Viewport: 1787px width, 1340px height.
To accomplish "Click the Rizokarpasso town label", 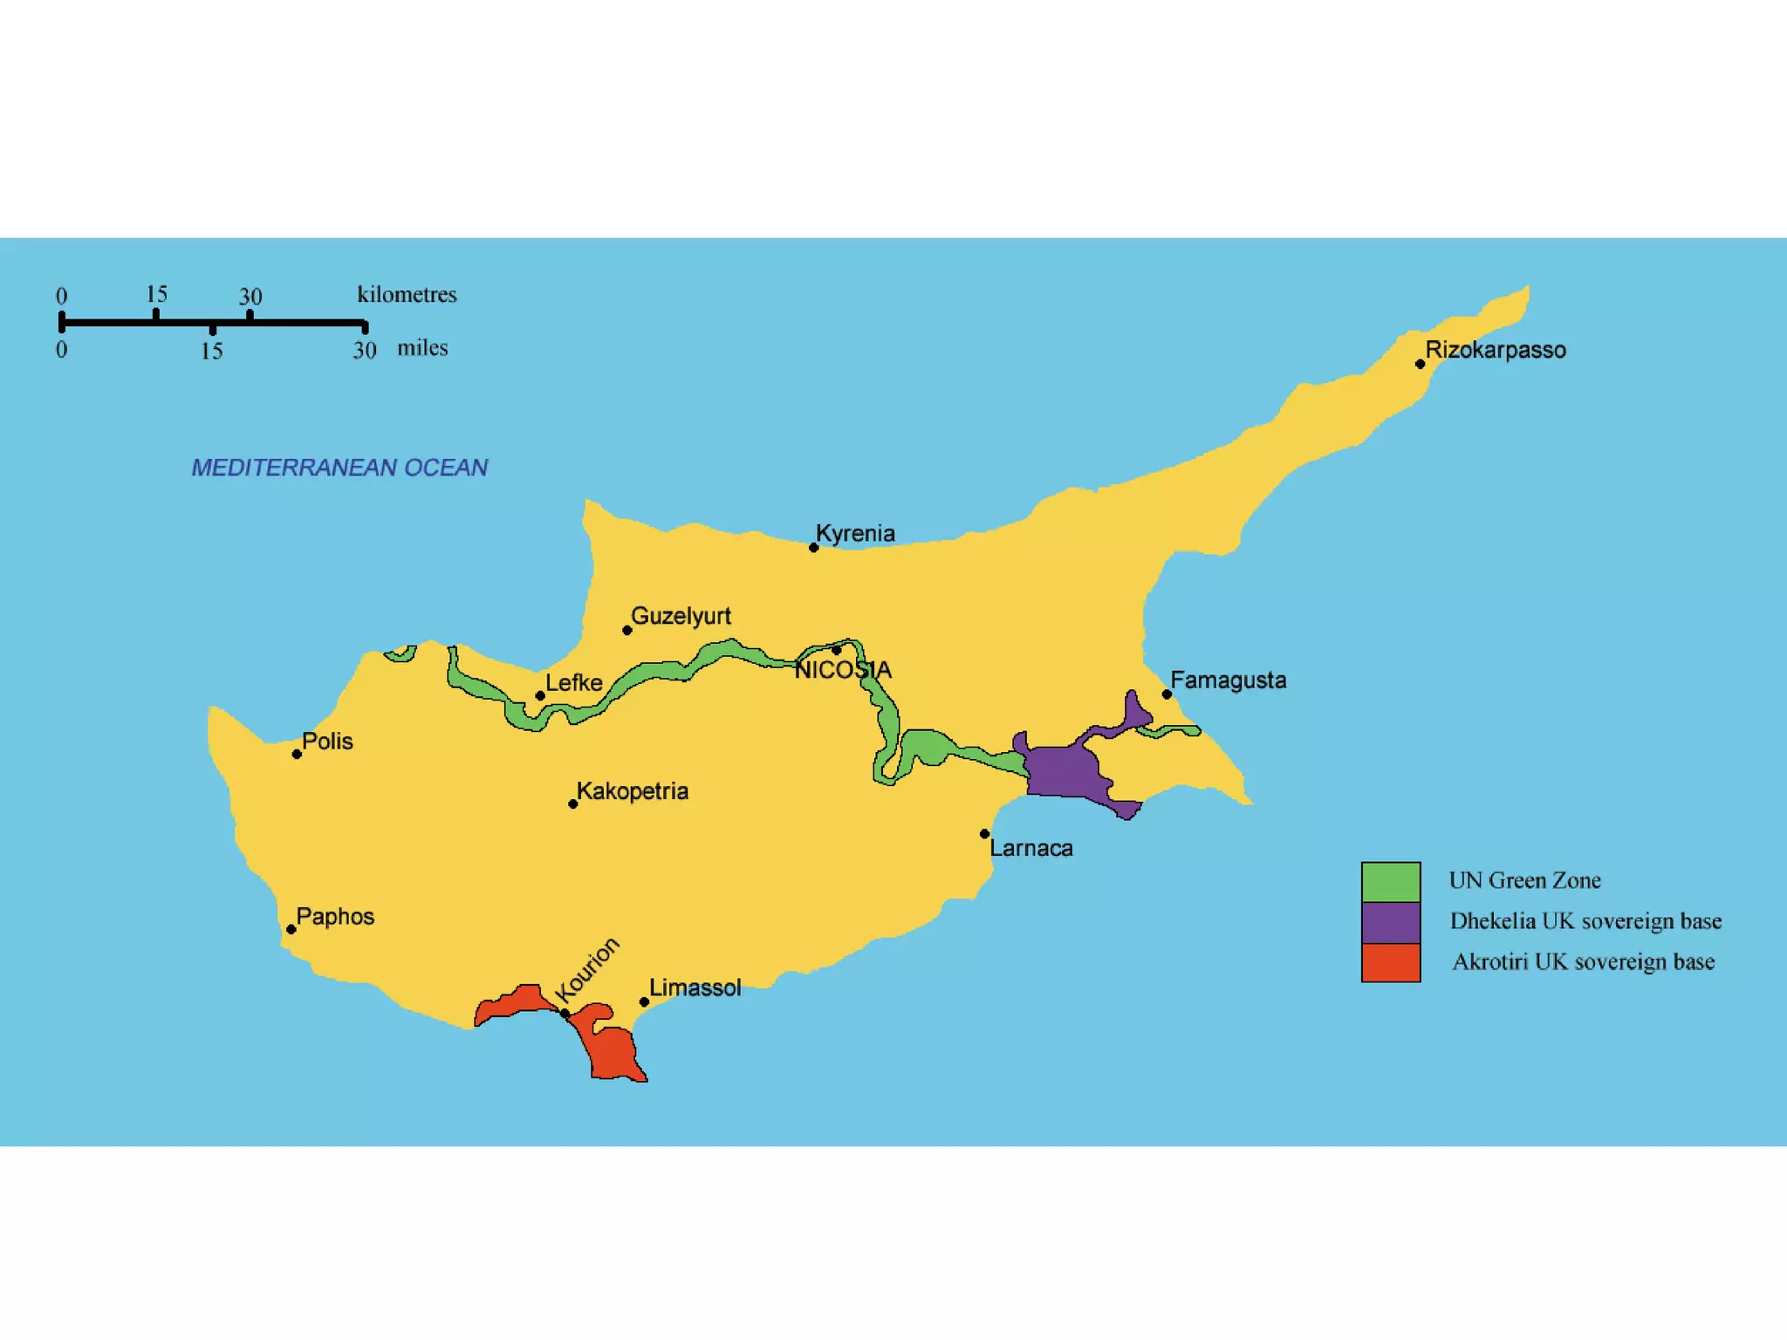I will click(x=1495, y=350).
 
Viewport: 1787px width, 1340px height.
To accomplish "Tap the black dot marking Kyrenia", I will click(x=813, y=548).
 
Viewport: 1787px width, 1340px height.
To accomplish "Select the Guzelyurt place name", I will click(x=681, y=616).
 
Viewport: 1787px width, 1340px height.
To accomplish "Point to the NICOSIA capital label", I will click(x=843, y=670).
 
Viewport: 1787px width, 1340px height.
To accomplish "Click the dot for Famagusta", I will click(x=1167, y=694).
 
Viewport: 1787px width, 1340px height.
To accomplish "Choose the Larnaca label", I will click(x=1030, y=848).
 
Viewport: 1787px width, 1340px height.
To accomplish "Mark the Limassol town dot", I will click(x=644, y=1002).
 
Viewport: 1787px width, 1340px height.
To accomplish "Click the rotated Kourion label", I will click(x=587, y=970).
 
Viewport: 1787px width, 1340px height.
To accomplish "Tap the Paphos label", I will click(x=335, y=916).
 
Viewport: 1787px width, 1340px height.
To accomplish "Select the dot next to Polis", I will click(x=297, y=754).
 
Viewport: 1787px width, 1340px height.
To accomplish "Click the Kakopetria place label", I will click(x=632, y=791).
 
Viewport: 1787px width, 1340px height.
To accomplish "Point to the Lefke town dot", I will click(x=540, y=695).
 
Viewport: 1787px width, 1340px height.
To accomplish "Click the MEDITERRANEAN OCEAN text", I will click(x=339, y=468).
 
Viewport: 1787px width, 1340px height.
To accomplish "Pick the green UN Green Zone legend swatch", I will click(x=1391, y=881).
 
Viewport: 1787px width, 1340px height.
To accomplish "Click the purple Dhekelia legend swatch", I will click(x=1391, y=922).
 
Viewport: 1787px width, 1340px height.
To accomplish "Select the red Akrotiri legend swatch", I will click(x=1391, y=962).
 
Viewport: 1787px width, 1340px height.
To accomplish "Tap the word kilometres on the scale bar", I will click(x=407, y=294).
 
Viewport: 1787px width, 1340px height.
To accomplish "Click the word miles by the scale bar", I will click(x=422, y=347).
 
